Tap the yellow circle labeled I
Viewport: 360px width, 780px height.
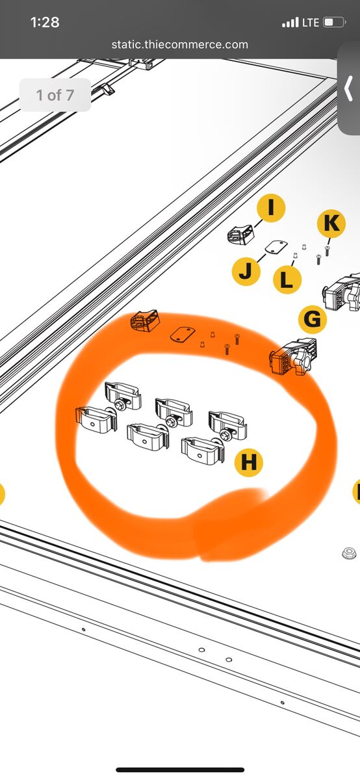click(271, 208)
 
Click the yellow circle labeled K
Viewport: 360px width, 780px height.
click(331, 223)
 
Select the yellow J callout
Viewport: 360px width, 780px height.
click(246, 271)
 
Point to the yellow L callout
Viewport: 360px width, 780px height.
click(287, 279)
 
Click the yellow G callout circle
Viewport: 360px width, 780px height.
click(313, 319)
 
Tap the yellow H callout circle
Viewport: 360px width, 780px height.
click(249, 462)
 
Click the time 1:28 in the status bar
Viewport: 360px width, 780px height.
click(45, 23)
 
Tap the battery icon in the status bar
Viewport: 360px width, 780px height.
click(334, 23)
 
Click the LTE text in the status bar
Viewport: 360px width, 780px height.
click(311, 23)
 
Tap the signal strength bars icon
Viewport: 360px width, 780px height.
click(290, 23)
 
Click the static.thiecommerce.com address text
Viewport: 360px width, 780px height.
click(179, 45)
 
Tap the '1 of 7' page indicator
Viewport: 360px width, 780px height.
click(55, 95)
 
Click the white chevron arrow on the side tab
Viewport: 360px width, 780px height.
click(348, 88)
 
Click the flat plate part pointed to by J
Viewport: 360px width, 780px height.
click(276, 247)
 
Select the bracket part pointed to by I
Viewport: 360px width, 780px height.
click(240, 235)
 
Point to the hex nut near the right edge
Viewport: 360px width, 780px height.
click(348, 553)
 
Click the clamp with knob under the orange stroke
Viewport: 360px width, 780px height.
click(294, 357)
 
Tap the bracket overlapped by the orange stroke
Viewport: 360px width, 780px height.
click(145, 320)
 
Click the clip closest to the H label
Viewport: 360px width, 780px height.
click(203, 450)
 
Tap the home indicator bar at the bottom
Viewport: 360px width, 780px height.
click(180, 770)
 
